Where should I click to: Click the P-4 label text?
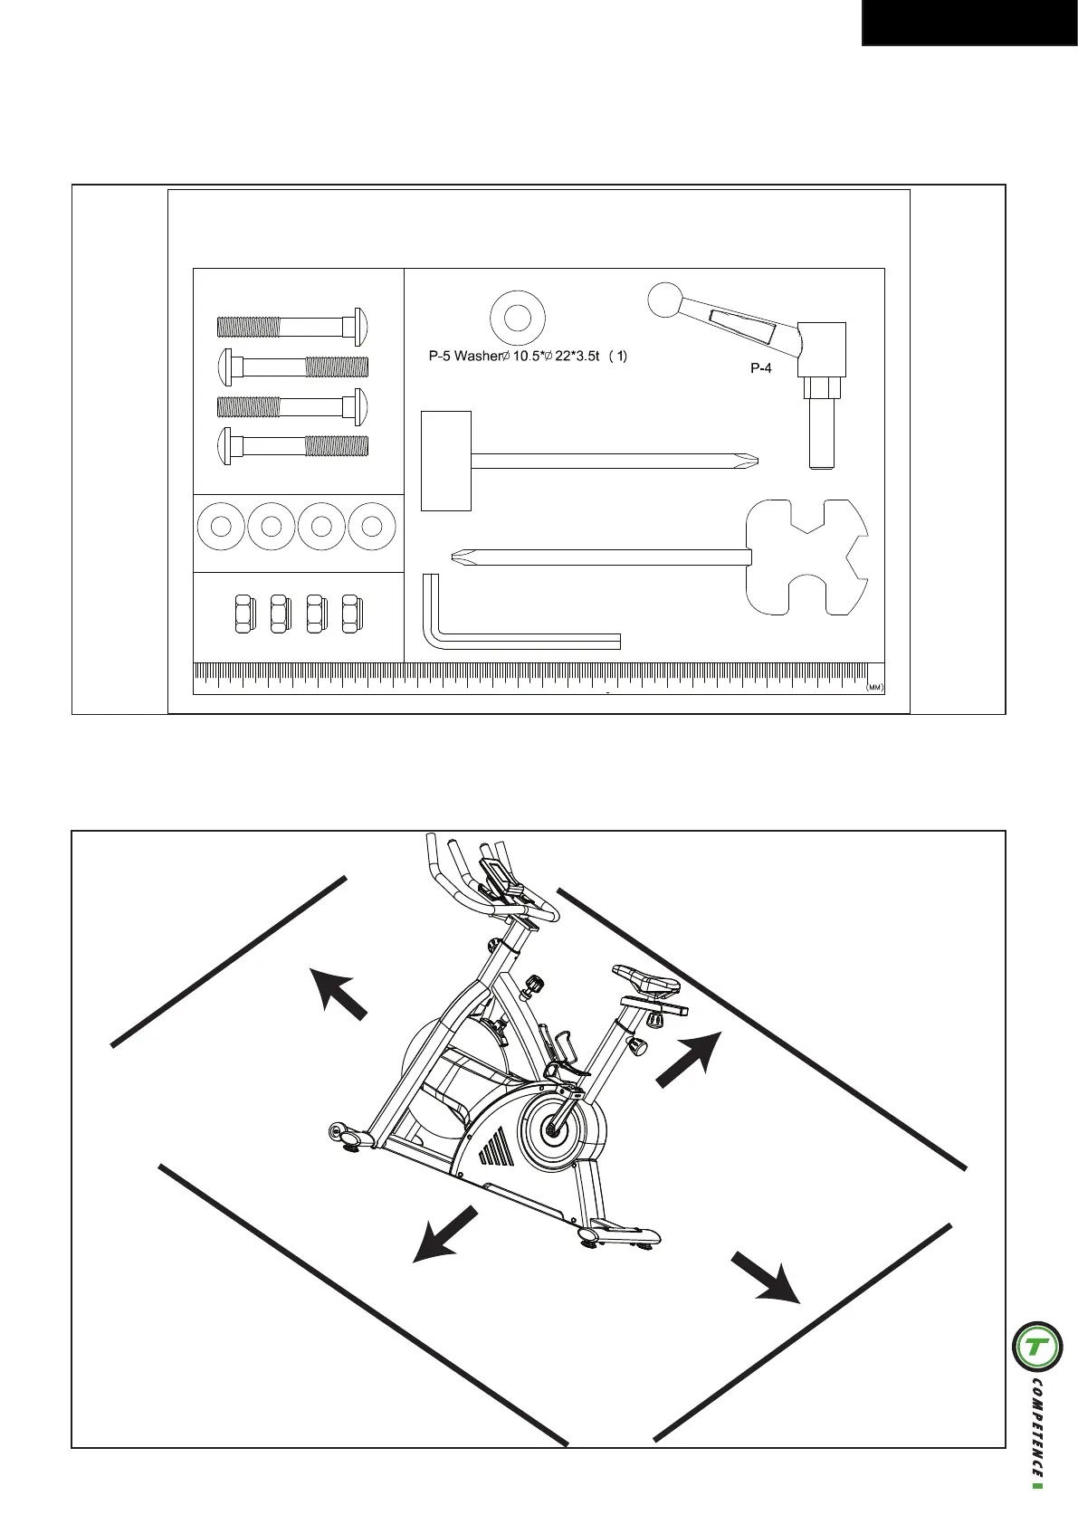pos(760,368)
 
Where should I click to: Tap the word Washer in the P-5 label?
pos(476,357)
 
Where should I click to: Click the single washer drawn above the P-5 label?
pos(517,318)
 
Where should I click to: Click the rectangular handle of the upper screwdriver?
pos(446,461)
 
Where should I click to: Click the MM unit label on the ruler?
pos(873,688)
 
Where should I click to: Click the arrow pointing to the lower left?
pos(445,1233)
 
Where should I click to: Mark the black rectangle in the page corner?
pos(968,22)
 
